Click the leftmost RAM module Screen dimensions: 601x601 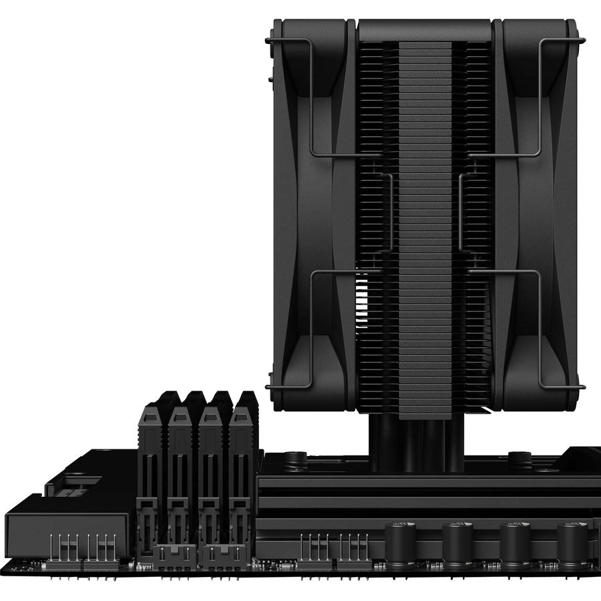click(x=153, y=467)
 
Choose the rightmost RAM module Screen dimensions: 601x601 click(x=241, y=467)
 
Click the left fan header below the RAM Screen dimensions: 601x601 click(x=175, y=554)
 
